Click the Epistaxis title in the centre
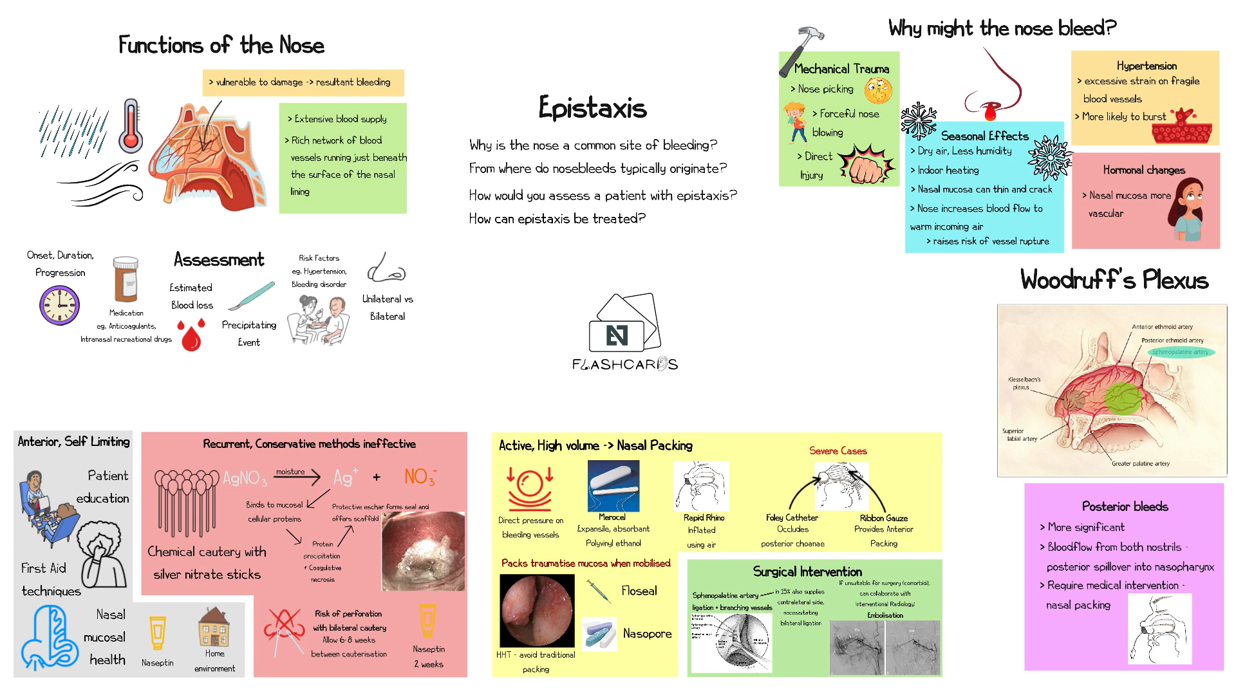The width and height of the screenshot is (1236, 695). [592, 108]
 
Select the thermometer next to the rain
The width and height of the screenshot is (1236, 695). [131, 125]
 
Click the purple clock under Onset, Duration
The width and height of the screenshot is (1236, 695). [59, 306]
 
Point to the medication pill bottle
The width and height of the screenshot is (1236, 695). [126, 279]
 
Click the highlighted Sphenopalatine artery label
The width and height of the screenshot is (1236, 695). [1180, 352]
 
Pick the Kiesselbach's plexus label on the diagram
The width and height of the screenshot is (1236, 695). [1024, 384]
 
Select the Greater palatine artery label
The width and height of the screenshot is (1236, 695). [1140, 463]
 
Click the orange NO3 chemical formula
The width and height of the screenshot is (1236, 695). [420, 477]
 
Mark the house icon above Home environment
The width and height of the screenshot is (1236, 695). [214, 627]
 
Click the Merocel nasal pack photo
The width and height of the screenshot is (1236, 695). [613, 486]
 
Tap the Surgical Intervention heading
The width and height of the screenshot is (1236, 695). [807, 571]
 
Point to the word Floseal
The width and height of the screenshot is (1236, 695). [639, 591]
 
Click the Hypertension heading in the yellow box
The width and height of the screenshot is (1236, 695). [1147, 66]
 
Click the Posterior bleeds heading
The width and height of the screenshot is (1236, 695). [1125, 506]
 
